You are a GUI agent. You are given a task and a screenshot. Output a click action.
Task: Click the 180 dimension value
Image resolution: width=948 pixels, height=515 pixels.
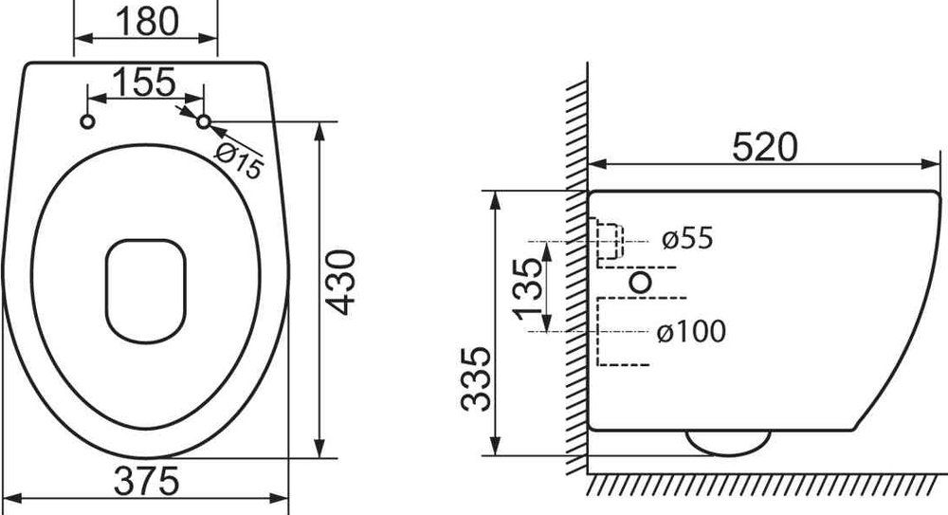[x=147, y=21]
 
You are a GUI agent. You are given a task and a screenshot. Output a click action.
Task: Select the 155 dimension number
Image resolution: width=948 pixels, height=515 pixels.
[x=144, y=83]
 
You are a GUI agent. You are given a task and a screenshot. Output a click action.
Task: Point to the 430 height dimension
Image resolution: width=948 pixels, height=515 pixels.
[x=342, y=282]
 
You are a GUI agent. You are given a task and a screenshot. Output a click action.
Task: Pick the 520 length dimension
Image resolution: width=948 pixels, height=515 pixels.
[x=765, y=147]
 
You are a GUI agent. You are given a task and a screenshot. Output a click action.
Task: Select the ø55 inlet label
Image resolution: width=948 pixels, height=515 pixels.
[x=687, y=238]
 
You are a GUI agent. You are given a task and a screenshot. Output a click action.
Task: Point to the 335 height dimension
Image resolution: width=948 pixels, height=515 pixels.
[x=476, y=378]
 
